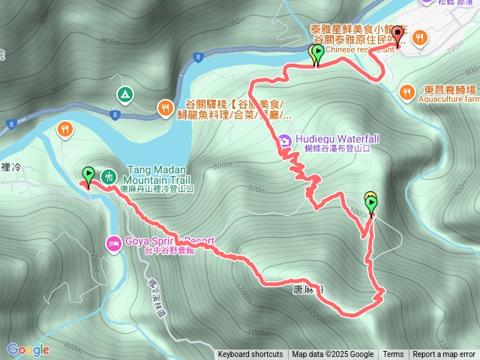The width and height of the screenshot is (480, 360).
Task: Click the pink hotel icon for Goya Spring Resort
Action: click(114, 243)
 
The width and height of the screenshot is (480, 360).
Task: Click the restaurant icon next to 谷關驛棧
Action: click(164, 109)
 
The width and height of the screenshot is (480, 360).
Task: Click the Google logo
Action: click(28, 349)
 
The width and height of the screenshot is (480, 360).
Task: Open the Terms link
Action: click(393, 355)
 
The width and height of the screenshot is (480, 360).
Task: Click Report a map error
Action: click(444, 355)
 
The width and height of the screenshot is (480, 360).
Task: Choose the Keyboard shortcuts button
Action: click(250, 355)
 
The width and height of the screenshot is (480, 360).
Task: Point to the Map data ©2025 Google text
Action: click(333, 355)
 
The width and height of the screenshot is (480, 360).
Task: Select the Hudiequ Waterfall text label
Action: click(331, 139)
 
